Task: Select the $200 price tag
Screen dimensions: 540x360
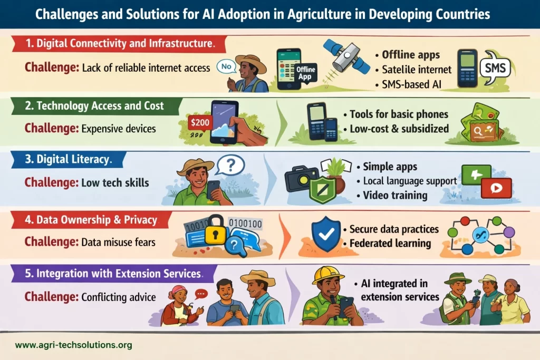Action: click(200, 122)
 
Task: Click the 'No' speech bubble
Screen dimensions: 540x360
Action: click(226, 66)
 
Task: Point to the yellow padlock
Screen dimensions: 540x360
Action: click(216, 230)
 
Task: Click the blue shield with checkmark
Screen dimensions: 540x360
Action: click(326, 233)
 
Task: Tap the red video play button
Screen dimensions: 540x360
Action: click(496, 188)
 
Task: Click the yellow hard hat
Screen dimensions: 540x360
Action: click(327, 274)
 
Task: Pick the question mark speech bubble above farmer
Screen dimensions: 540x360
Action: click(230, 166)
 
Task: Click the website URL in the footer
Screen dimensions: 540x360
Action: click(74, 345)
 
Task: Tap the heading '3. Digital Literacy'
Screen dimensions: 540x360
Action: click(68, 159)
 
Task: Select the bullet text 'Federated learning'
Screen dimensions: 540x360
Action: click(390, 244)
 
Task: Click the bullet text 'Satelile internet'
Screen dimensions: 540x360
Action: click(417, 70)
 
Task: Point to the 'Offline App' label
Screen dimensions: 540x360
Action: click(306, 73)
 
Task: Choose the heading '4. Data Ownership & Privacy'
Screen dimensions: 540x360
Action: click(91, 220)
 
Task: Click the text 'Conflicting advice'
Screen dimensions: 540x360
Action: click(119, 297)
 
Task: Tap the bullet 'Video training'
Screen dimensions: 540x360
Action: click(395, 195)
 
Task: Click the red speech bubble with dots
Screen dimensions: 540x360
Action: click(201, 294)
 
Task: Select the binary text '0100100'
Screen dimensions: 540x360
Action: click(245, 223)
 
